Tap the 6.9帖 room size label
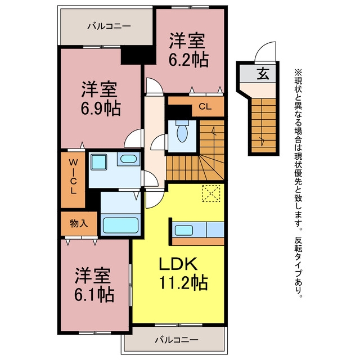coord(101,109)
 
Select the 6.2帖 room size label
coord(189,60)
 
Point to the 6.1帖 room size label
coord(94,295)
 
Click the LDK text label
coord(178,264)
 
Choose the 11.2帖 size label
coord(183,282)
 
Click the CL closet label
coord(205,106)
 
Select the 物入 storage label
coord(79,223)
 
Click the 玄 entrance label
coord(263,74)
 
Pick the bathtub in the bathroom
coord(120,226)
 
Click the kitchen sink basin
coord(184,230)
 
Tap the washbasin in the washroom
coord(129,159)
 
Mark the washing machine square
coord(99,162)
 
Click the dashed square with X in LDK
coord(211,193)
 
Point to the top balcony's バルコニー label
coord(109,26)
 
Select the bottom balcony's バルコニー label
coord(176,340)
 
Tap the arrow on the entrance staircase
coord(262,141)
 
